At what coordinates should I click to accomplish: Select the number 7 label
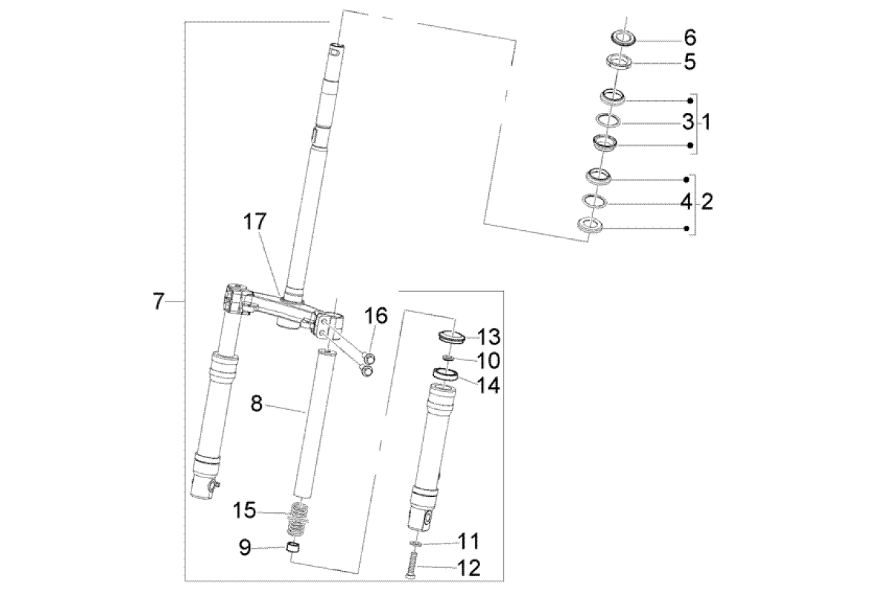tap(157, 302)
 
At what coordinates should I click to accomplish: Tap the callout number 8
tap(256, 404)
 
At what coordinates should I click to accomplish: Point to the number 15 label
tap(245, 511)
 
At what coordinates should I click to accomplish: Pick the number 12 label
tap(470, 569)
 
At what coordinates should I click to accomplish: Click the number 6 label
tap(689, 36)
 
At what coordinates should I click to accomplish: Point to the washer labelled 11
tap(413, 544)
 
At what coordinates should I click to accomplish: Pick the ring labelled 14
tap(447, 375)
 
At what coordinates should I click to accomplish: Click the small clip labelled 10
tap(447, 357)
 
